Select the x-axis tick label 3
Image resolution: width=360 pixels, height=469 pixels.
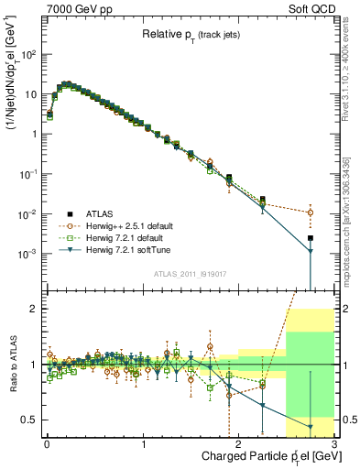click(335, 445)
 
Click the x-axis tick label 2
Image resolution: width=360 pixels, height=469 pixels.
click(239, 445)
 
